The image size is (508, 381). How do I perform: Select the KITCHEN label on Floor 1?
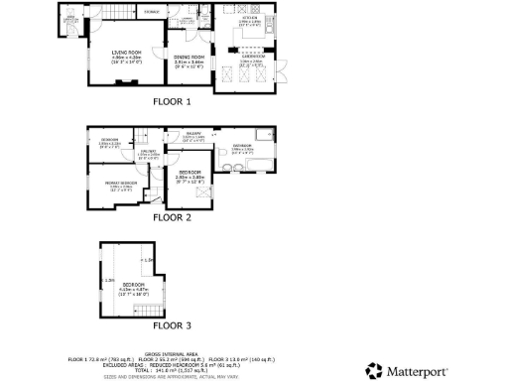(x=250, y=19)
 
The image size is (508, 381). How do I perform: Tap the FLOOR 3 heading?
(x=173, y=324)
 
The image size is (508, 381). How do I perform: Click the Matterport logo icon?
(x=374, y=370)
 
